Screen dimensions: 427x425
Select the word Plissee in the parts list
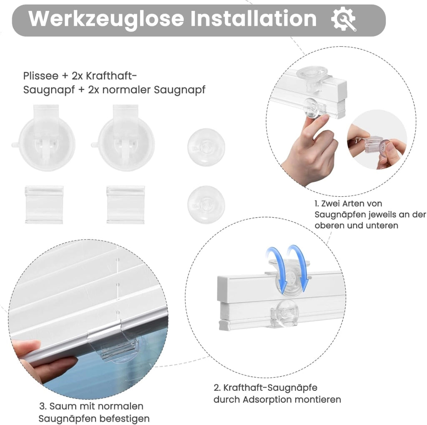coord(41,76)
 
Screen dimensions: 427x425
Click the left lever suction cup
coord(43,138)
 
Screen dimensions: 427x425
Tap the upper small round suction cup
coord(206,147)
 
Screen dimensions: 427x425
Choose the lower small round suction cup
coord(206,205)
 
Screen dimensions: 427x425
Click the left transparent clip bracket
coord(44,205)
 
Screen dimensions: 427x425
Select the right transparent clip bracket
coord(126,205)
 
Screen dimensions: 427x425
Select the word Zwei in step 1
coord(331,204)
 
